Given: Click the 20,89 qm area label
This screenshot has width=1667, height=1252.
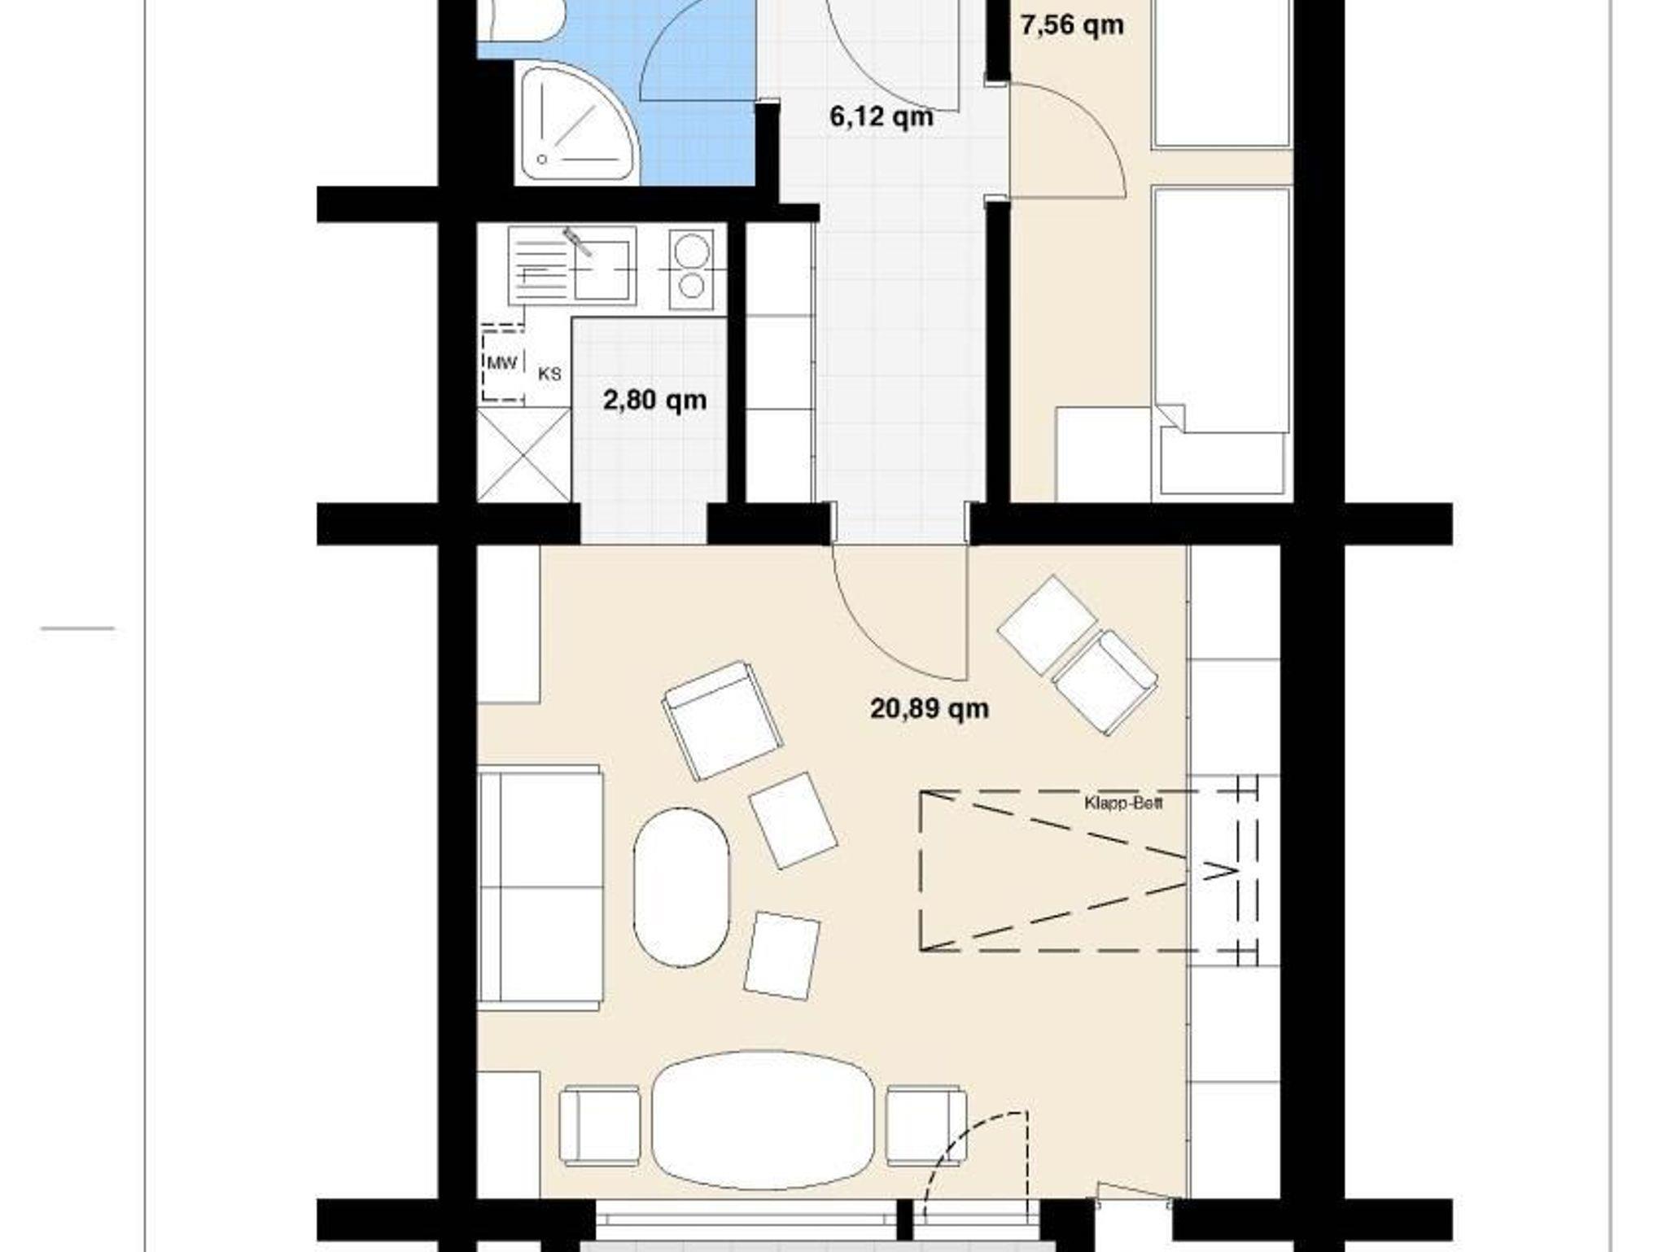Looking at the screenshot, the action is tap(930, 709).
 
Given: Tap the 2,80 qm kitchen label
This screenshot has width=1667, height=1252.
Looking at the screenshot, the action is tap(654, 401).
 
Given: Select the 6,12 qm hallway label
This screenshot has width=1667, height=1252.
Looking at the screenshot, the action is tap(881, 117).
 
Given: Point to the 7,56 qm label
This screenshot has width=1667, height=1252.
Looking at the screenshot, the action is tap(1072, 25).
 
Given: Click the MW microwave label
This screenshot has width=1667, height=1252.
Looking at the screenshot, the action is tap(501, 363).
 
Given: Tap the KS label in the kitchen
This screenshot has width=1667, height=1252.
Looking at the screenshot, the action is tap(549, 374).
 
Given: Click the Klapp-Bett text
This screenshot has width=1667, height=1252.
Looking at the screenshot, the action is tap(1123, 803).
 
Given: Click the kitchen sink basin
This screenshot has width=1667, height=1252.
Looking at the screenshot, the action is tap(602, 269).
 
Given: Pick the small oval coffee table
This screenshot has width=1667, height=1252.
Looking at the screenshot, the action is tap(682, 886).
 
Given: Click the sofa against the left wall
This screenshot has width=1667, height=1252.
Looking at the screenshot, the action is tap(540, 888).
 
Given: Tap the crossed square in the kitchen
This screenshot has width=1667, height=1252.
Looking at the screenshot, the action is tap(523, 455).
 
